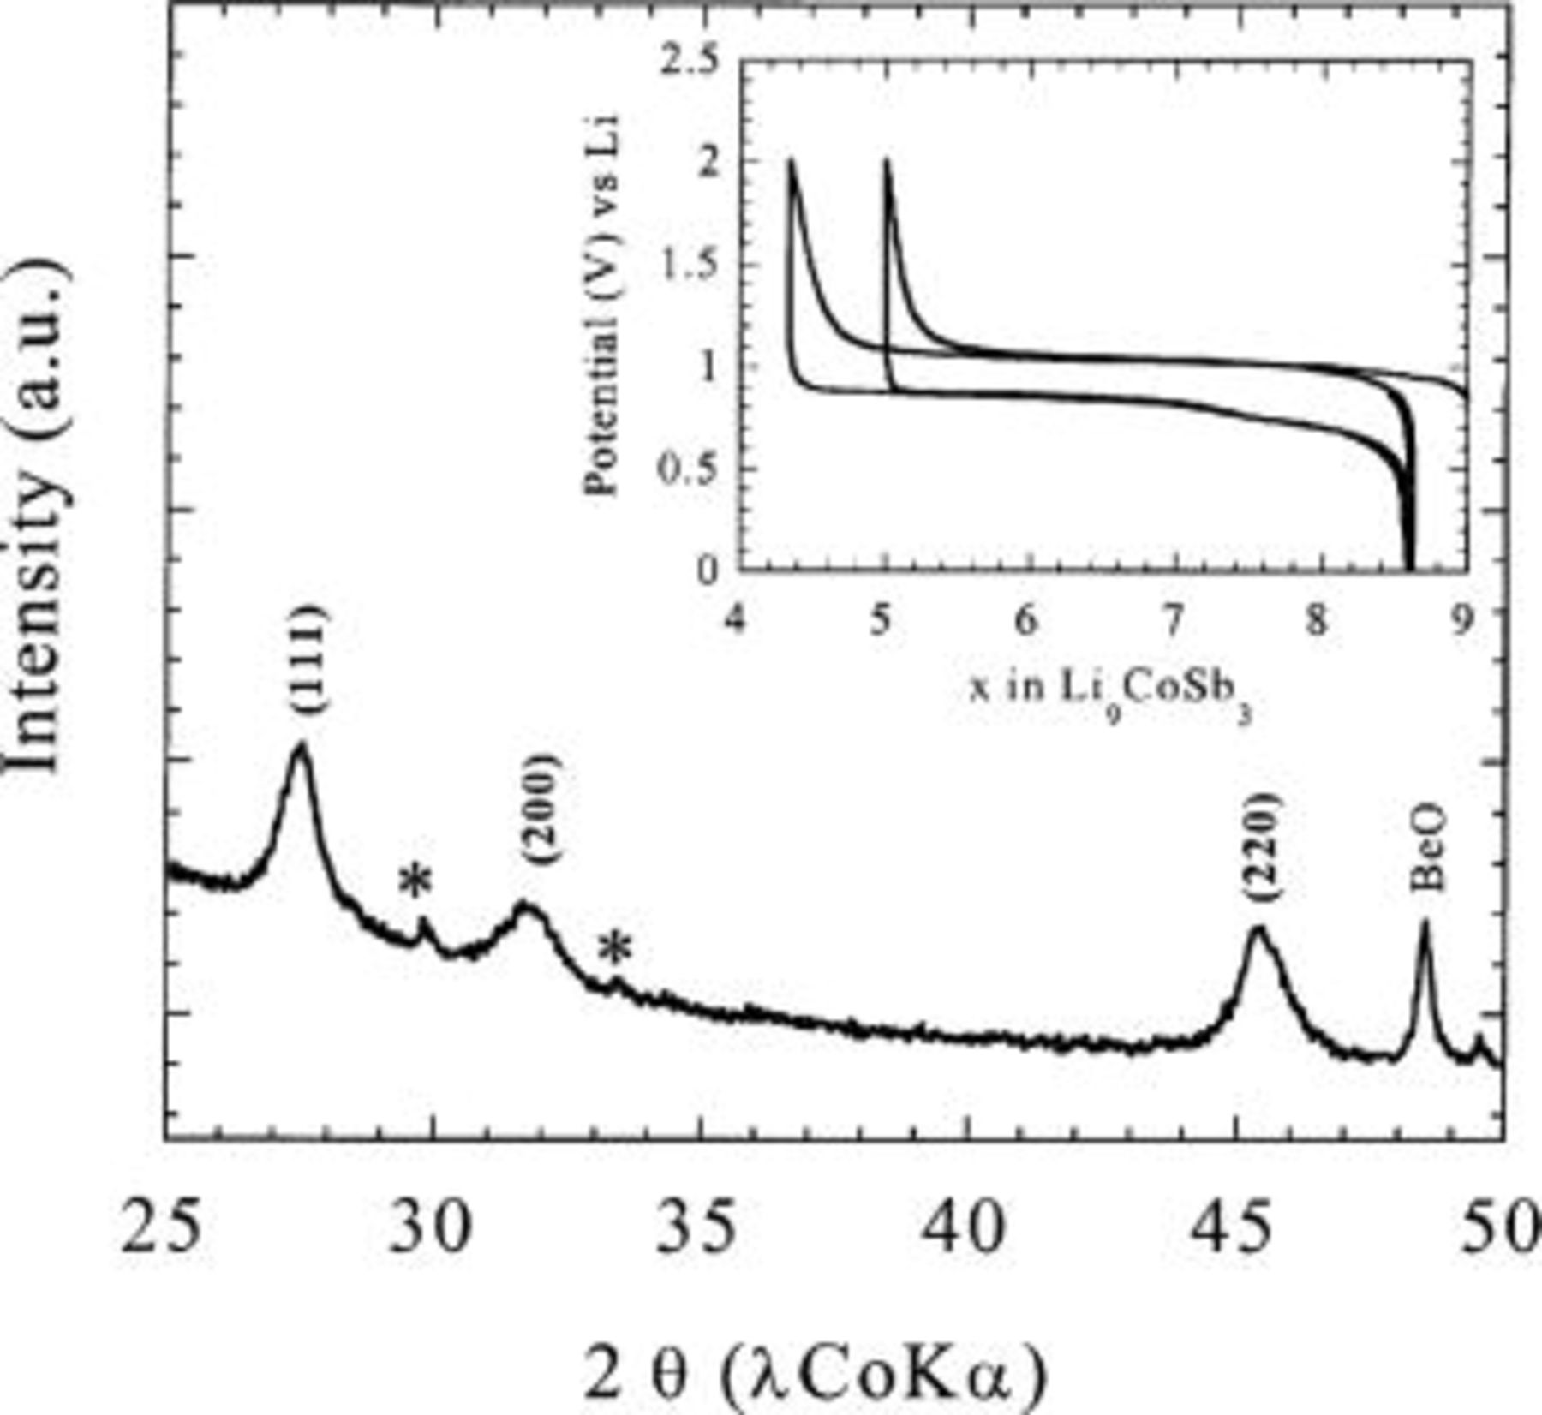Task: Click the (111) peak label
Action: (x=307, y=659)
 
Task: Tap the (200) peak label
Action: (x=543, y=809)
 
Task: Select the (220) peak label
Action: (x=1263, y=847)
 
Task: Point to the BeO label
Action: (x=1427, y=847)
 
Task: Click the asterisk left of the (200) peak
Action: (x=416, y=882)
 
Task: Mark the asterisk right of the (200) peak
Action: (x=614, y=950)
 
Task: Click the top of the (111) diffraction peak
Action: (x=300, y=745)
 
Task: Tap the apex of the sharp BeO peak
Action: (x=1425, y=923)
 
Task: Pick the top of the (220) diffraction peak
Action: (x=1258, y=928)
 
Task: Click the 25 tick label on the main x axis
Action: (x=162, y=1228)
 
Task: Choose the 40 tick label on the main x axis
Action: (x=967, y=1228)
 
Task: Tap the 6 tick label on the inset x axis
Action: (x=1026, y=620)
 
